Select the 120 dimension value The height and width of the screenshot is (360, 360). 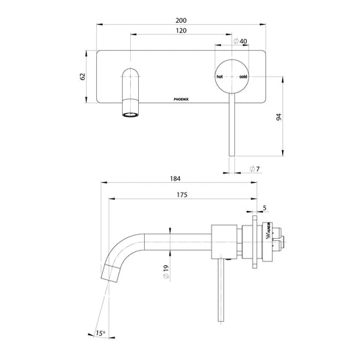181,32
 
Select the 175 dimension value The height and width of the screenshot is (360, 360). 182,195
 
